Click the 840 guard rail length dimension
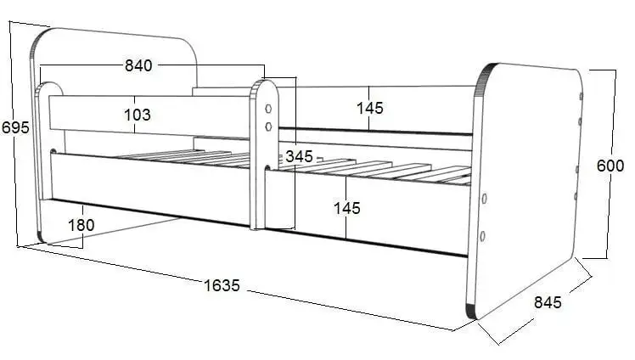[138, 66]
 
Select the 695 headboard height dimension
[15, 127]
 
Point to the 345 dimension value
[299, 156]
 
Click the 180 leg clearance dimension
[81, 225]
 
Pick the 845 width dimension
[548, 301]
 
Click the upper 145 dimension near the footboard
[369, 108]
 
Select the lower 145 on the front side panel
[346, 207]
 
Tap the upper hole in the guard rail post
[269, 109]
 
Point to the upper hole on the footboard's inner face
[484, 199]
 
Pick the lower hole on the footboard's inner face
[482, 236]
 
